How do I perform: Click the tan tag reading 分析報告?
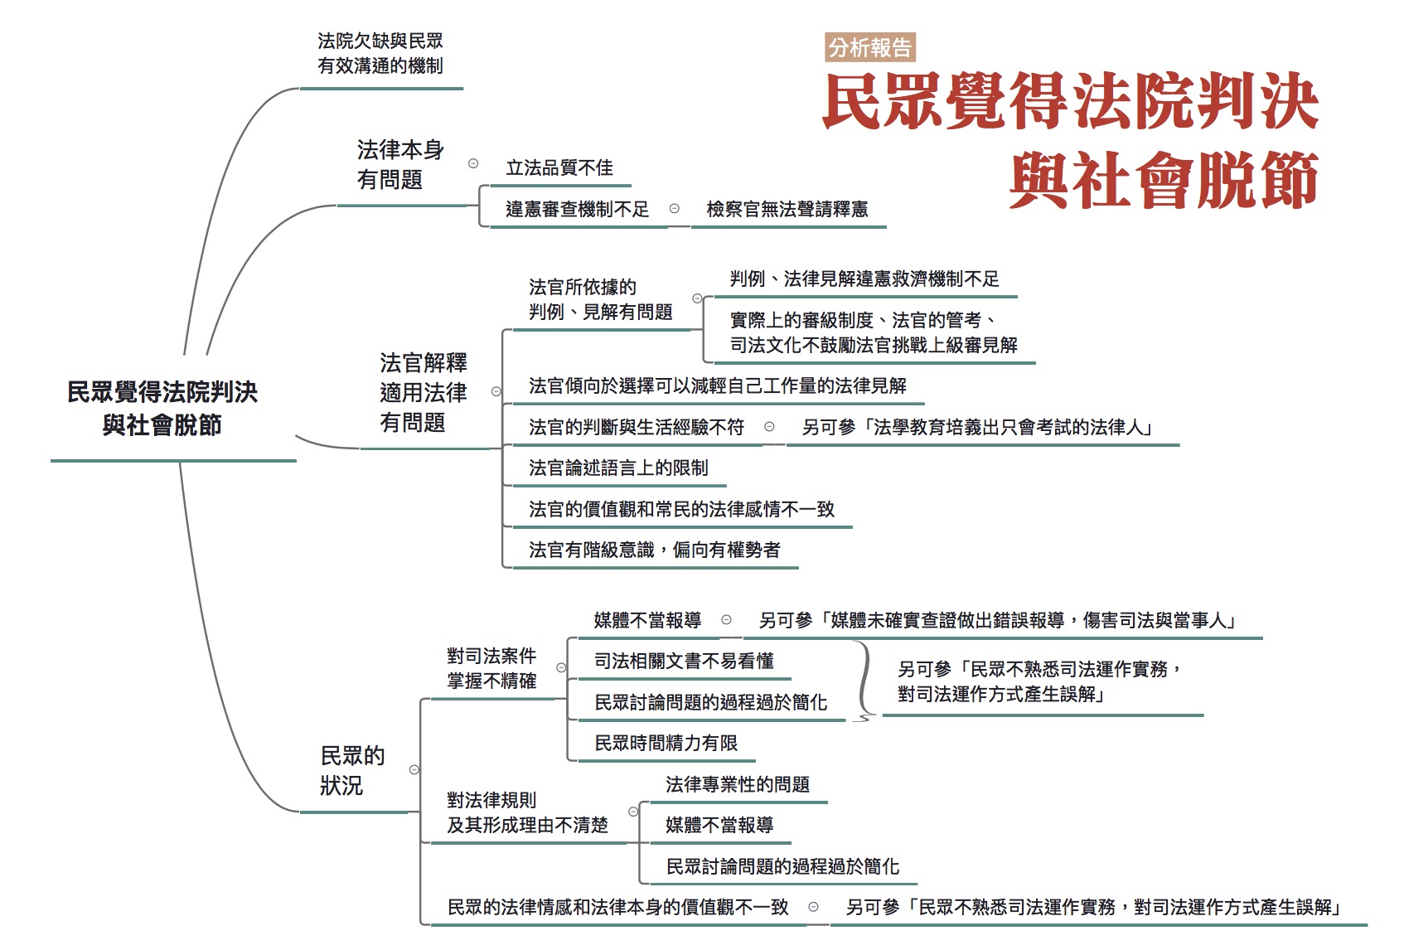click(x=870, y=47)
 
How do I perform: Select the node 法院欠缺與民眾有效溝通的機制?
click(x=380, y=54)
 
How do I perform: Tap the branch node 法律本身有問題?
click(x=400, y=165)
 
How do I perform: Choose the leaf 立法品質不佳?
click(x=559, y=168)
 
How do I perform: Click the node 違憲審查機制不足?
click(x=577, y=209)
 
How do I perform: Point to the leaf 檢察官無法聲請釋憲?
click(x=787, y=209)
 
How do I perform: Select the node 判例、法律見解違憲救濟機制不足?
click(x=864, y=279)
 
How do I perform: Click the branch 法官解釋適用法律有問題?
click(x=424, y=393)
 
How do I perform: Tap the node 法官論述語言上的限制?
click(x=618, y=468)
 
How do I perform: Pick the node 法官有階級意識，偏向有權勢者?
click(x=654, y=550)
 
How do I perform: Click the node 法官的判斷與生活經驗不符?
click(x=637, y=428)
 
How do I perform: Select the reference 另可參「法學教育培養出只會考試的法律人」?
click(x=978, y=428)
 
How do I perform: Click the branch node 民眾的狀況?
click(x=352, y=771)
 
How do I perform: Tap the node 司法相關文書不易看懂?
click(x=684, y=662)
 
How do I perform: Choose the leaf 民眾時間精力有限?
click(x=666, y=744)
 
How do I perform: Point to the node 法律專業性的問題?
click(x=737, y=785)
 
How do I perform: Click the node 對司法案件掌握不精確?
click(x=491, y=669)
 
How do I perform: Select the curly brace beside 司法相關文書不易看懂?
click(x=864, y=681)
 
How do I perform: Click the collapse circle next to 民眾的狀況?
click(x=414, y=770)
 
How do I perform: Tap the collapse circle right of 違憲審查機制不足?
click(x=675, y=209)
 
